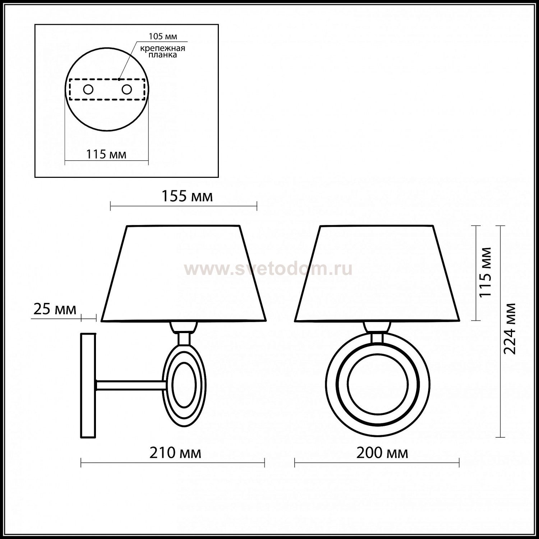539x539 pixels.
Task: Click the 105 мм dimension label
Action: click(x=163, y=37)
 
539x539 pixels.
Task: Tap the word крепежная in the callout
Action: click(x=163, y=49)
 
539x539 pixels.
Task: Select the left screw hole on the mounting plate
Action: click(x=88, y=89)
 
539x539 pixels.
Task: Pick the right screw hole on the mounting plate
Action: click(x=127, y=89)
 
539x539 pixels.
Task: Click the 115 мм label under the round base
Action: click(x=106, y=155)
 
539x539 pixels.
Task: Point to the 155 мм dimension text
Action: click(x=187, y=197)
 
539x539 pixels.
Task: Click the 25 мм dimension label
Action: click(x=55, y=309)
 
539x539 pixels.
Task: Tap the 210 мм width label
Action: click(x=175, y=453)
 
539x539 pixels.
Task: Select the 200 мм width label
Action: click(x=382, y=453)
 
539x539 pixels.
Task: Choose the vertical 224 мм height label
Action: click(x=510, y=329)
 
